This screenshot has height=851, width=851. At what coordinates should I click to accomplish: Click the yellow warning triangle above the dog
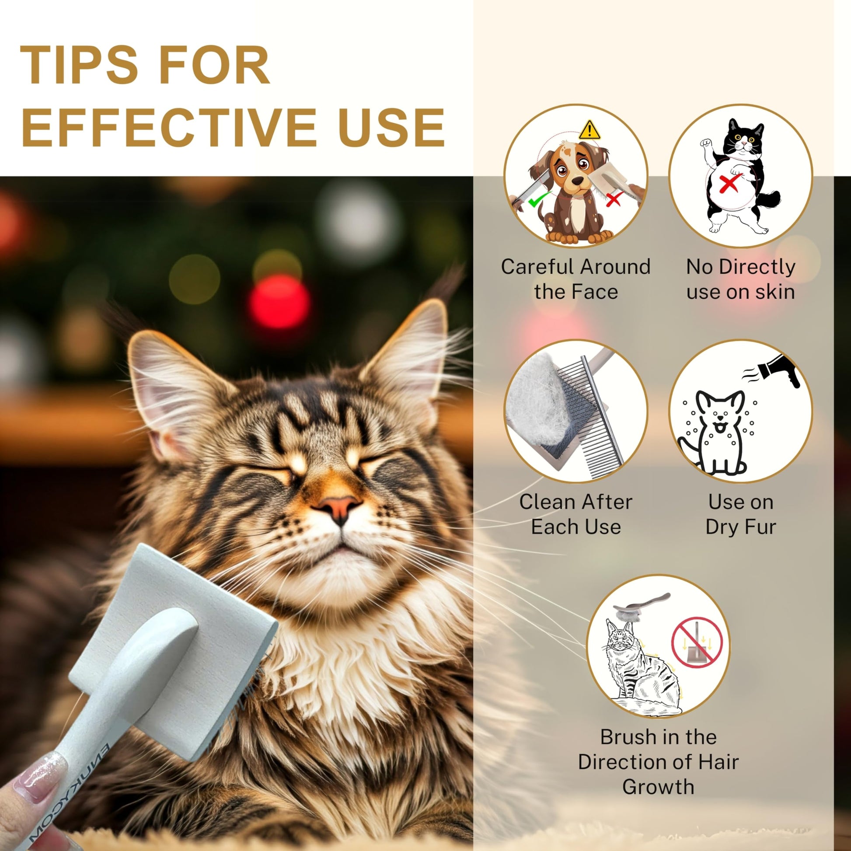(x=589, y=130)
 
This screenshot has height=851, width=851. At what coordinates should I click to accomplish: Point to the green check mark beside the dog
(x=539, y=200)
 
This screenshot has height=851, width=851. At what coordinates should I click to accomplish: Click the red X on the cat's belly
(x=729, y=182)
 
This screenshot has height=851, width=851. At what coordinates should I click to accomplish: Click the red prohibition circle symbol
(x=697, y=643)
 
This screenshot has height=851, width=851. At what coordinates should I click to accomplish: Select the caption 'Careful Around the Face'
(x=575, y=279)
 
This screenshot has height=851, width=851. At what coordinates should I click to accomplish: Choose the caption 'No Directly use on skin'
(x=740, y=279)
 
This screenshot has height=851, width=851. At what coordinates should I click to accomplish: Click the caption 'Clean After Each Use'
(x=575, y=514)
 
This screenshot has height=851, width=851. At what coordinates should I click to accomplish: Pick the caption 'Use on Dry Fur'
(x=740, y=514)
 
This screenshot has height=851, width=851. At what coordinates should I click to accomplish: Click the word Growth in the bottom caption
(x=658, y=787)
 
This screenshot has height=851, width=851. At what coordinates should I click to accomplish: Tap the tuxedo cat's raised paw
(x=706, y=143)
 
